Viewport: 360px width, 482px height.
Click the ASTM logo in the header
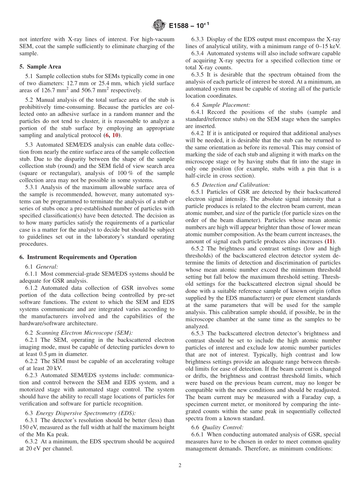(159, 25)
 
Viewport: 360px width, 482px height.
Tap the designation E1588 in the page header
(180, 25)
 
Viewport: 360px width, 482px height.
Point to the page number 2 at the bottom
(180, 466)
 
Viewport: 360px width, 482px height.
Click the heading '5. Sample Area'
(40, 67)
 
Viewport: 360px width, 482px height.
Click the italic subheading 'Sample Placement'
(226, 105)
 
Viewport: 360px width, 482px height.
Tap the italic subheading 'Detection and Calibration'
(236, 185)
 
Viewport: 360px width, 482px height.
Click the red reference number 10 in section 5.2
(116, 135)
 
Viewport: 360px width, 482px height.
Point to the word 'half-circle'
(199, 176)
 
